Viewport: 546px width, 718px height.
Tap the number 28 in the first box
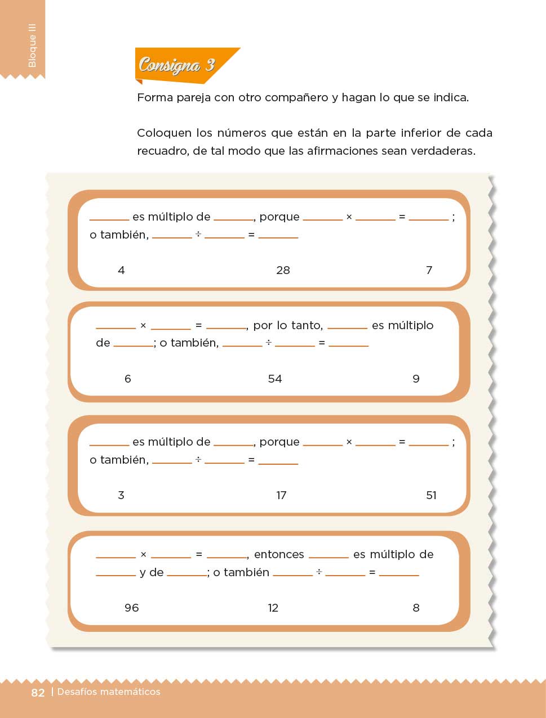(x=283, y=270)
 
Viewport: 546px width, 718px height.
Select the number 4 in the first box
(x=121, y=270)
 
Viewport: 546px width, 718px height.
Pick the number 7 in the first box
(x=429, y=270)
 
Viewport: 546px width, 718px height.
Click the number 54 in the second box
(x=275, y=379)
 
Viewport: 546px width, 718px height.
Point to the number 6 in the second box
(x=128, y=379)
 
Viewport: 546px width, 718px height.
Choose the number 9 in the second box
(x=416, y=379)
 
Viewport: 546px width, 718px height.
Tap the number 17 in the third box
(x=281, y=495)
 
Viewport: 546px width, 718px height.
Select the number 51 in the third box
(x=431, y=495)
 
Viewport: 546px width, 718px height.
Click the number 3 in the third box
(x=121, y=495)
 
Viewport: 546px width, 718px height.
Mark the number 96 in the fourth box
(x=131, y=608)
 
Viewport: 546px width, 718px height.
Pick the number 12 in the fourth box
(x=273, y=608)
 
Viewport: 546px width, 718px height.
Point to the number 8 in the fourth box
(x=416, y=608)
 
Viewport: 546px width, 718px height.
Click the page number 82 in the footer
(x=38, y=693)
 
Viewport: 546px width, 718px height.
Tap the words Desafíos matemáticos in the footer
(x=109, y=692)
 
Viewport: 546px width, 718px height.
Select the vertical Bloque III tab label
(x=32, y=45)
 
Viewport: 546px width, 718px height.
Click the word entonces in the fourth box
(x=279, y=555)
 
